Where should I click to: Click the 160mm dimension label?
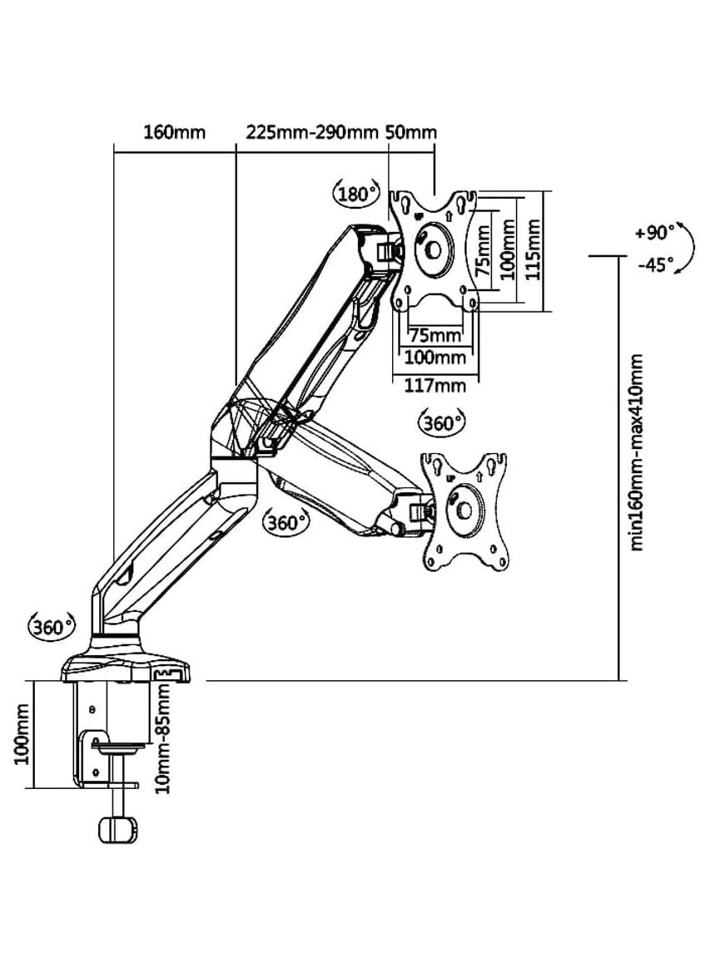coord(174,132)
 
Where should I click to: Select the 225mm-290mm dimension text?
coord(312,132)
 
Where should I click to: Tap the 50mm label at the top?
coord(410,132)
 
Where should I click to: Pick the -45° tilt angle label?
coord(655,265)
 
